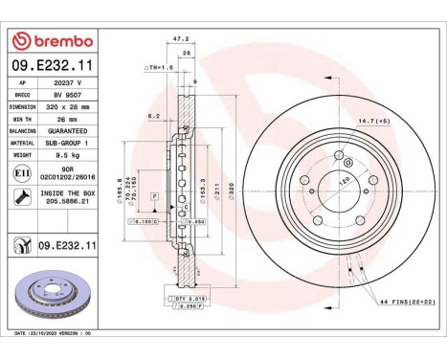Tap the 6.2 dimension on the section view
pyautogui.click(x=153, y=116)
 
